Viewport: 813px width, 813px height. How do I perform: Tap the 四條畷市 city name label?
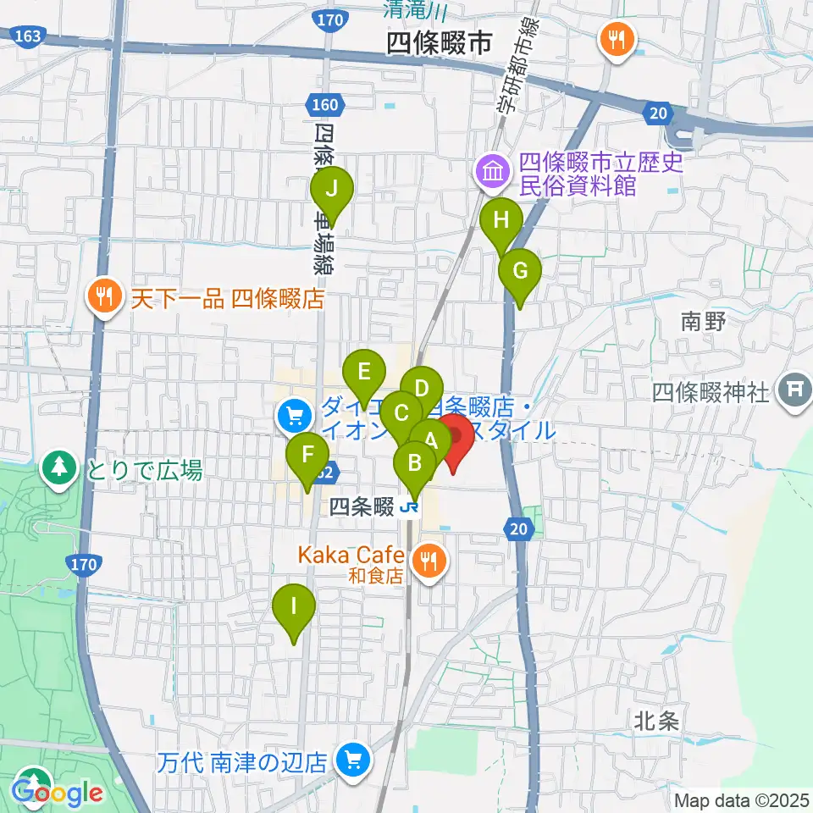click(x=439, y=45)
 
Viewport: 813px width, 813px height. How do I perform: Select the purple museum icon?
click(x=492, y=173)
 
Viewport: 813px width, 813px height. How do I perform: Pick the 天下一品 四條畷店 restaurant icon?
click(x=104, y=296)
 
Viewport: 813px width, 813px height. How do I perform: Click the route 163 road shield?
click(x=25, y=36)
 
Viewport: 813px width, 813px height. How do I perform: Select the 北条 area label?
click(x=656, y=722)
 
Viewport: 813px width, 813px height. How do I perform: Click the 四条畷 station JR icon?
click(x=412, y=507)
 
